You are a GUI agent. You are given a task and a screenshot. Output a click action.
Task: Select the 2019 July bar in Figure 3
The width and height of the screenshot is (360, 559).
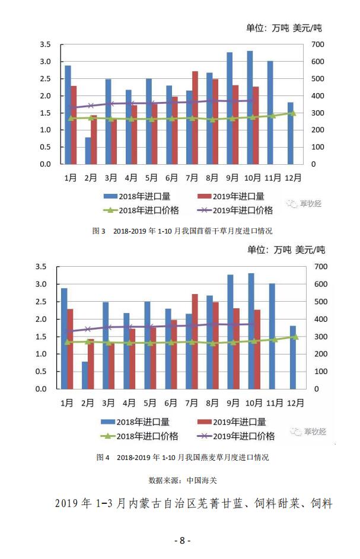[x=195, y=117]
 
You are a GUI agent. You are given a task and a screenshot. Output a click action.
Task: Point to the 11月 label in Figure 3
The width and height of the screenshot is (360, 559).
[x=273, y=177]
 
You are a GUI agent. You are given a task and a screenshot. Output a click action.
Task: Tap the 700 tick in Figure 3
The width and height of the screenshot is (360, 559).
[x=317, y=44]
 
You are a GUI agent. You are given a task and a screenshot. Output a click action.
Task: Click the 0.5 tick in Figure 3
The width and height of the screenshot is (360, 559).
[x=45, y=147]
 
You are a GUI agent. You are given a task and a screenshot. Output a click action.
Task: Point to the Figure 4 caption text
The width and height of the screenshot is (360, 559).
[x=182, y=458]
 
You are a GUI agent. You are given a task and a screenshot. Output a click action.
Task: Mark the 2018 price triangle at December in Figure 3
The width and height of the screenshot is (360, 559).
[x=292, y=113]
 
